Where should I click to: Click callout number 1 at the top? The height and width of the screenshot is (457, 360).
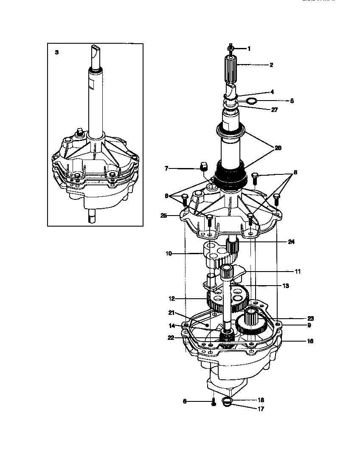tap(249, 49)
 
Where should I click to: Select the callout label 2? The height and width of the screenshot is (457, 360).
tap(271, 65)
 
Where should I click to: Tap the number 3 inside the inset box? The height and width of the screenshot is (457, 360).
tap(57, 52)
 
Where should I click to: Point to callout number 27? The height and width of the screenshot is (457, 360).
tap(274, 109)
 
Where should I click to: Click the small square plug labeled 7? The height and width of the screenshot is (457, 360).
tap(203, 165)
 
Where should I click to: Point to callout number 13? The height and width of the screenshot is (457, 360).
tap(285, 286)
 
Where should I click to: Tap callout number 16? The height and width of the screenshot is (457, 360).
tap(310, 341)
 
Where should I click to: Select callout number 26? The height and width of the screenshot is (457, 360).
tap(278, 148)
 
